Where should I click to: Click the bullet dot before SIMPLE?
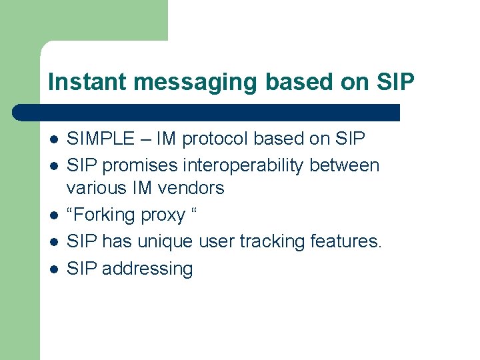[x=54, y=139]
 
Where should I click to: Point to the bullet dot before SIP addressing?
[x=54, y=269]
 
